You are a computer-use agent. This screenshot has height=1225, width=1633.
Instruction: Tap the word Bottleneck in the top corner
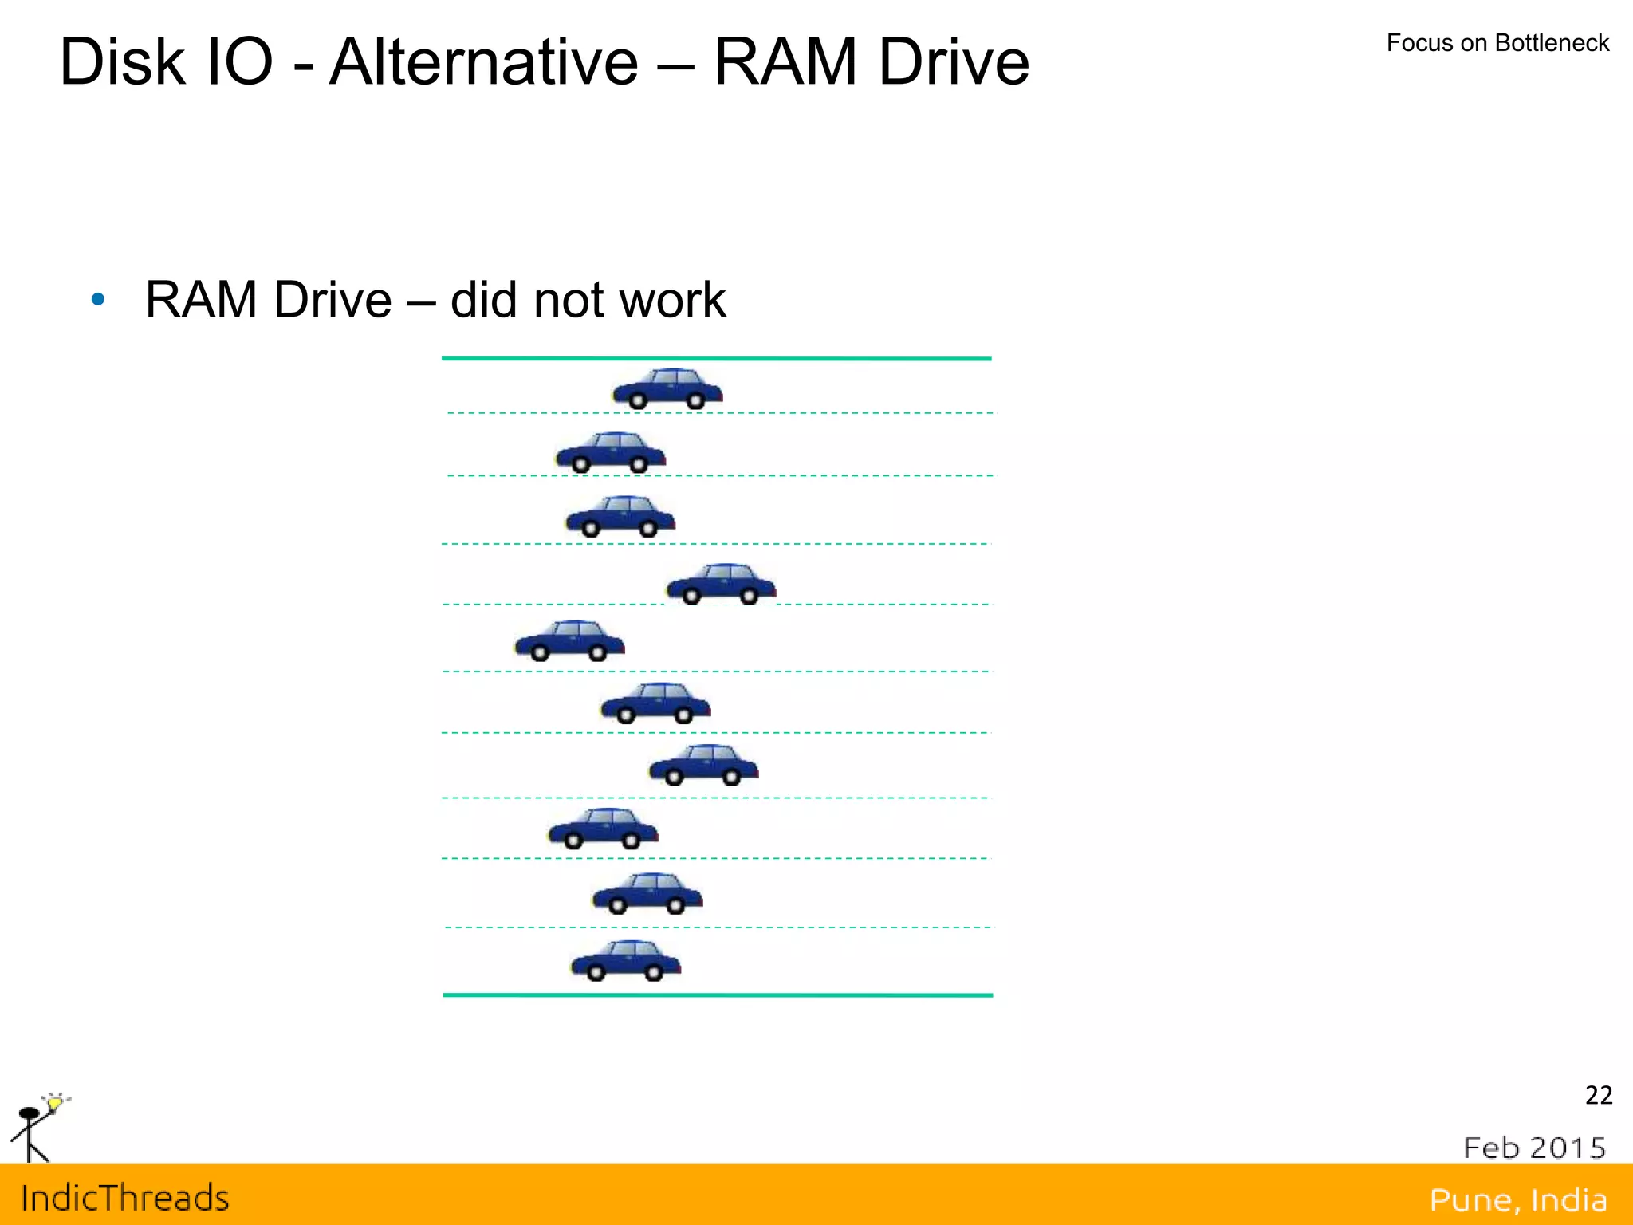1552,43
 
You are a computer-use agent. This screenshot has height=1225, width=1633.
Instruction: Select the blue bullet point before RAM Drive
98,300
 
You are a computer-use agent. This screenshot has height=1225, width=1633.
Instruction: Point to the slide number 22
1598,1096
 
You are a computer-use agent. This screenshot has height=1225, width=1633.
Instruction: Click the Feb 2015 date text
1534,1148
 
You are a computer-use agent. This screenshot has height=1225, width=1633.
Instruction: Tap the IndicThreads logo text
125,1199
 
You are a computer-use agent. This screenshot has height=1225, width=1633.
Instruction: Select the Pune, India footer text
1517,1199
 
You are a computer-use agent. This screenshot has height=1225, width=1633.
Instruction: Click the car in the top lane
667,389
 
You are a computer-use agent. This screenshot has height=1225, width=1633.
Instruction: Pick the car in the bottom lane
626,961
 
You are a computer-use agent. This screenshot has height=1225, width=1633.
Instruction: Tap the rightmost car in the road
721,585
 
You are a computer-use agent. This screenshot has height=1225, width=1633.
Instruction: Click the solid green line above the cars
716,359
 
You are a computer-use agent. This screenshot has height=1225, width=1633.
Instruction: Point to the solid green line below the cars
718,995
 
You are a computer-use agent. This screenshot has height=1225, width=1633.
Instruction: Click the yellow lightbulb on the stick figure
54,1104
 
